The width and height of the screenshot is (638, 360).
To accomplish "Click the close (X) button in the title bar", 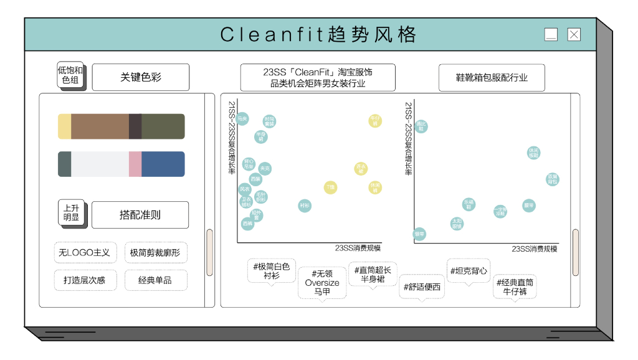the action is pyautogui.click(x=574, y=35).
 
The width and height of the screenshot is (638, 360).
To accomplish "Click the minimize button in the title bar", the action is pyautogui.click(x=551, y=35).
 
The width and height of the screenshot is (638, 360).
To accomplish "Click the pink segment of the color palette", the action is pyautogui.click(x=135, y=164).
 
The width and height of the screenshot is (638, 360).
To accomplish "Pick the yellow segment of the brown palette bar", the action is pyautogui.click(x=64, y=126).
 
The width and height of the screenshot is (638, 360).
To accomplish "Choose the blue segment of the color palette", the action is pyautogui.click(x=163, y=164).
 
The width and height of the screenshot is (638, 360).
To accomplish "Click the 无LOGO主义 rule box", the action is pyautogui.click(x=84, y=252).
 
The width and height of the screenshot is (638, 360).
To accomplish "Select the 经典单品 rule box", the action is pyautogui.click(x=155, y=280).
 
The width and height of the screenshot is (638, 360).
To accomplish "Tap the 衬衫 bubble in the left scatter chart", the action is pyautogui.click(x=304, y=206).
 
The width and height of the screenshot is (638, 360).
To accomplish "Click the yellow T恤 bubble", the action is pyautogui.click(x=330, y=187).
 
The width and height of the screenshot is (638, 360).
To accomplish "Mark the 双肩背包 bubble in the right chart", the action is pyautogui.click(x=553, y=180).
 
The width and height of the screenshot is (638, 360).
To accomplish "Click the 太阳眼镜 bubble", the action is pyautogui.click(x=457, y=224).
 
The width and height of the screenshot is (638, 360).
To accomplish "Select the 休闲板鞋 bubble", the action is pyautogui.click(x=533, y=153).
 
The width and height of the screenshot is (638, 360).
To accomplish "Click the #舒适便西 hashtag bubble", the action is pyautogui.click(x=422, y=287).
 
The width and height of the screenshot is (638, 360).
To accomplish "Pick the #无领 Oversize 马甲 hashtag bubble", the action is pyautogui.click(x=322, y=283).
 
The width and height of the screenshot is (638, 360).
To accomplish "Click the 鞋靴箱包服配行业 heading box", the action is pyautogui.click(x=492, y=78).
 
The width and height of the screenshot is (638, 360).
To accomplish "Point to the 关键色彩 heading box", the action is pyautogui.click(x=141, y=78).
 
